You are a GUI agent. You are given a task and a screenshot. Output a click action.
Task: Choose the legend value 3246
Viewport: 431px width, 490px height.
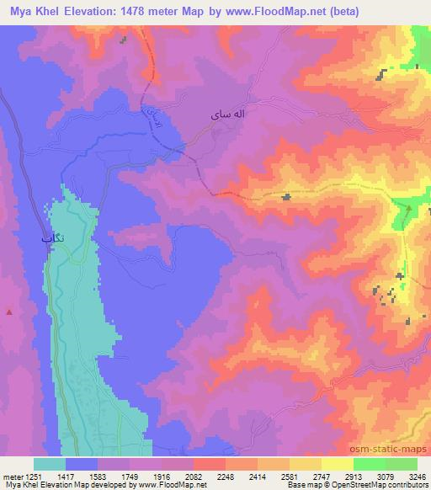click(x=417, y=477)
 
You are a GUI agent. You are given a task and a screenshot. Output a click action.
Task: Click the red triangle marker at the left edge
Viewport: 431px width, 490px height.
click(x=9, y=312)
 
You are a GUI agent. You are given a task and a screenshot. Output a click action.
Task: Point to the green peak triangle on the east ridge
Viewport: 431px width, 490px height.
click(x=408, y=207)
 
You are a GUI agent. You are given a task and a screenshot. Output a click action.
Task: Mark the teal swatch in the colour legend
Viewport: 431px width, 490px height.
click(x=50, y=464)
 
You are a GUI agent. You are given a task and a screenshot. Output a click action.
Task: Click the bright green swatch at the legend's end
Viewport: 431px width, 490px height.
click(x=402, y=464)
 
